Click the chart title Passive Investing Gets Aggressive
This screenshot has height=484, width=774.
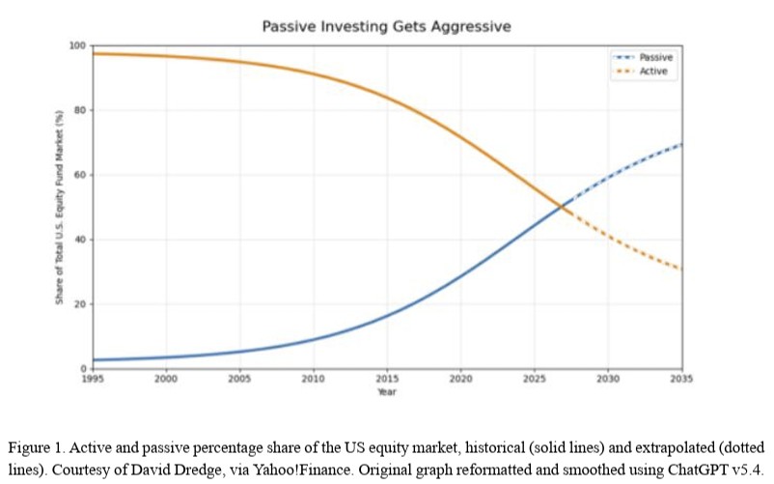pyautogui.click(x=386, y=26)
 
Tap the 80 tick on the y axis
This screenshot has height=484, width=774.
pyautogui.click(x=81, y=110)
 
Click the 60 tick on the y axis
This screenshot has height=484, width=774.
pyautogui.click(x=81, y=175)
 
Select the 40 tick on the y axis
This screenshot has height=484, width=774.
pyautogui.click(x=81, y=240)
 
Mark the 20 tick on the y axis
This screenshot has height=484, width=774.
pyautogui.click(x=81, y=304)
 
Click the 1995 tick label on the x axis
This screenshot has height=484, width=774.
pyautogui.click(x=93, y=380)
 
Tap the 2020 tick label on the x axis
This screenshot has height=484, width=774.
pyautogui.click(x=462, y=380)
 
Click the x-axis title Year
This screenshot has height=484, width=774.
pyautogui.click(x=387, y=391)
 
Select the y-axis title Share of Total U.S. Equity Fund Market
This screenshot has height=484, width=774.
pyautogui.click(x=60, y=208)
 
